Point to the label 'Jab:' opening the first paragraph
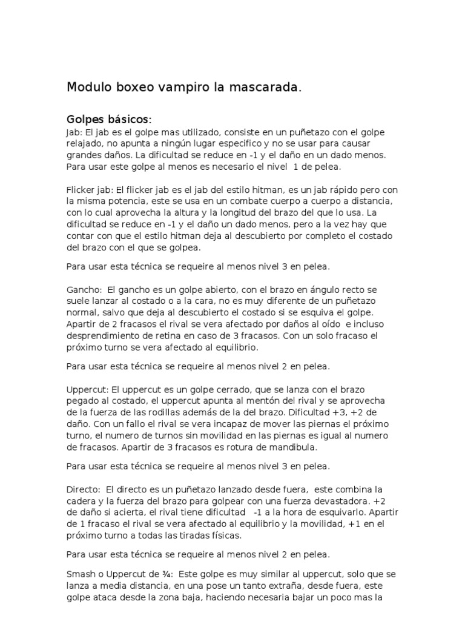pyautogui.click(x=74, y=132)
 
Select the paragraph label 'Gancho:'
pyautogui.click(x=84, y=290)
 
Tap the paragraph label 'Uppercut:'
pyautogui.click(x=87, y=389)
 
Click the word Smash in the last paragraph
pyautogui.click(x=80, y=574)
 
